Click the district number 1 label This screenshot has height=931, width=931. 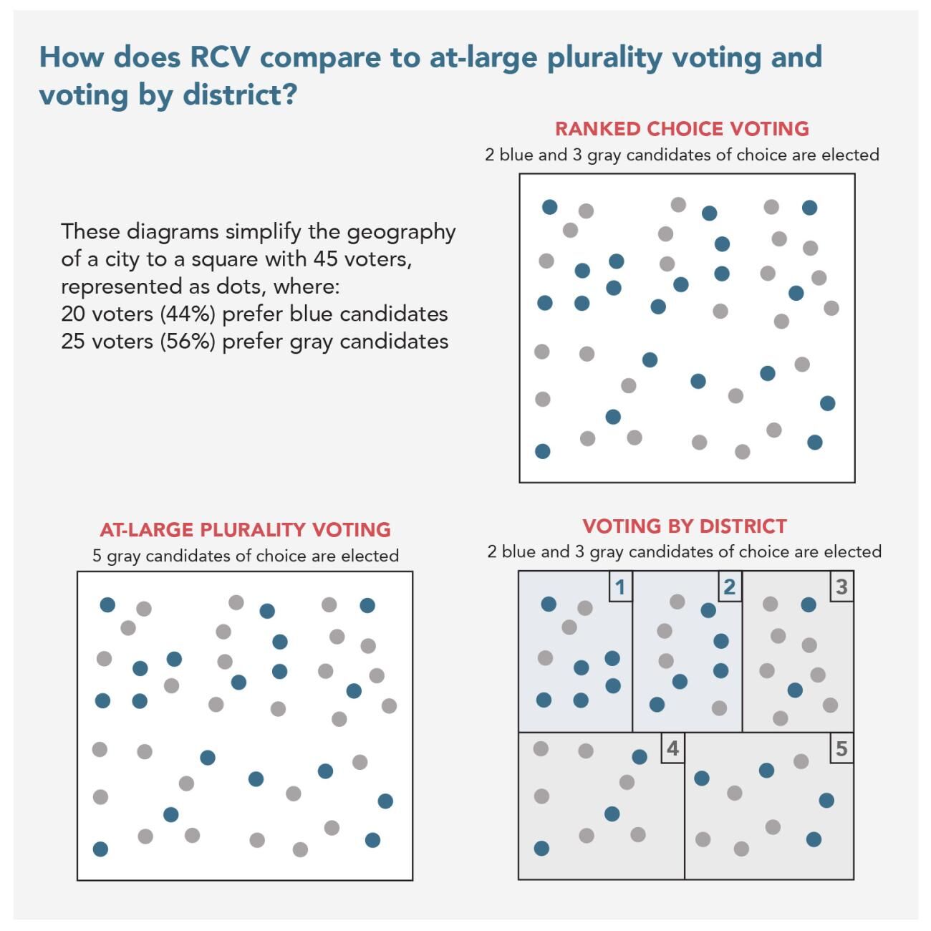click(x=620, y=587)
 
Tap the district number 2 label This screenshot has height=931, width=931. click(x=729, y=587)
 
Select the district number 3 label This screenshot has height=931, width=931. click(x=841, y=587)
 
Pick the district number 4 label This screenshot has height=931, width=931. click(x=672, y=749)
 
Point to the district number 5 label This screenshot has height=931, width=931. click(x=841, y=749)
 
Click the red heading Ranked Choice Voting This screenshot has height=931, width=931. click(x=682, y=129)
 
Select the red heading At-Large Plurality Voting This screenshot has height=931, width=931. click(x=245, y=530)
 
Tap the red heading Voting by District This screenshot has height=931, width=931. click(x=684, y=526)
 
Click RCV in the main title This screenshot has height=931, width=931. click(x=220, y=57)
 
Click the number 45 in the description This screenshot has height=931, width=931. click(x=327, y=259)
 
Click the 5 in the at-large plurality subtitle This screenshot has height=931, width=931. click(x=97, y=556)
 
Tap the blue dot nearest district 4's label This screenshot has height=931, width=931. click(x=640, y=757)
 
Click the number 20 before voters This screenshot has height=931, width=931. click(x=73, y=314)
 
